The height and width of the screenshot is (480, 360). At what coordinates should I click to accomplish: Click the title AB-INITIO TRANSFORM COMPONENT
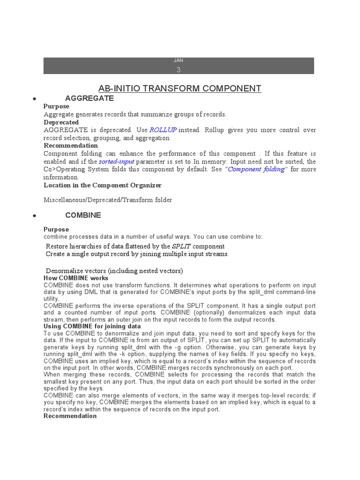180,88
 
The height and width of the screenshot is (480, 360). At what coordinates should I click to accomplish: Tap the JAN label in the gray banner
179,60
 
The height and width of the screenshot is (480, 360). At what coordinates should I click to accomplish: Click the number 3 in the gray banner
179,70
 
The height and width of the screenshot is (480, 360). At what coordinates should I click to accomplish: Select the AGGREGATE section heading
90,98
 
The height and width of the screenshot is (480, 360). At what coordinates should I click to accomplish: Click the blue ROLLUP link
163,130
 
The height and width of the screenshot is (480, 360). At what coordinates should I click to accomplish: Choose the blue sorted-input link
116,161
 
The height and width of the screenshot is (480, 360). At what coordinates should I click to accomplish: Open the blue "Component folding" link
255,169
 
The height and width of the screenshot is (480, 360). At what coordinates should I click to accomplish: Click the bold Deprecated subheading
61,122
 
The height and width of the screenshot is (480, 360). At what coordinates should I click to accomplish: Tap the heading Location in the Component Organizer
103,185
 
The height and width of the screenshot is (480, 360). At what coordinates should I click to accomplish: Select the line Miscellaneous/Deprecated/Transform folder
108,200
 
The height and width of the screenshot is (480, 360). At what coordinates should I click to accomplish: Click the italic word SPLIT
181,246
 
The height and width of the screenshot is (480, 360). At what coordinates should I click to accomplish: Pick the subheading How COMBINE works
76,278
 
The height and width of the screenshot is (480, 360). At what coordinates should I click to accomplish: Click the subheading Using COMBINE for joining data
92,326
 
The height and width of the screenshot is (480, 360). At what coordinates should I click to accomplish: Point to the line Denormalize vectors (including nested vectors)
114,271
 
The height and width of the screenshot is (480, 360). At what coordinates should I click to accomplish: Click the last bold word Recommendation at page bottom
70,416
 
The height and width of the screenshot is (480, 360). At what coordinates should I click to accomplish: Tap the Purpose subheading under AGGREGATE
56,106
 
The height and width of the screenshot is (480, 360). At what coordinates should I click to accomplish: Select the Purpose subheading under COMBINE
56,229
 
